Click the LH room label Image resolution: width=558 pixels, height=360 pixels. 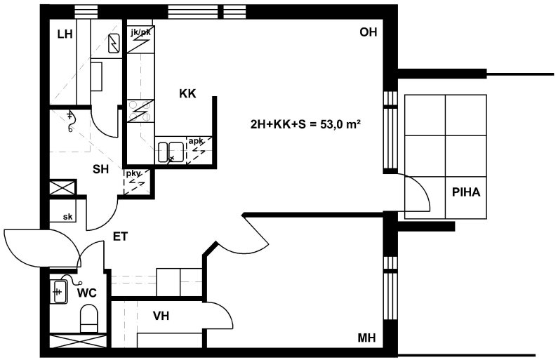(65, 34)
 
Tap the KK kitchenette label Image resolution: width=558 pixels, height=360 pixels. (187, 93)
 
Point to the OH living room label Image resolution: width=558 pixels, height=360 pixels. (368, 32)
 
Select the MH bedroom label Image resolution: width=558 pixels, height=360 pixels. (366, 338)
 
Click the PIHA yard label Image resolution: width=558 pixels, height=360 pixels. (466, 192)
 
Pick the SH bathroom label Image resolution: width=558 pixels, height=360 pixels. (100, 169)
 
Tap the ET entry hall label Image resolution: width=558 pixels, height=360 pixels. (120, 236)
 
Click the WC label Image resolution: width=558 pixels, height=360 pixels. (87, 293)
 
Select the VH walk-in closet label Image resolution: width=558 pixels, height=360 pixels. (161, 316)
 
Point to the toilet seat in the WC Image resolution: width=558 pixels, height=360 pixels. (89, 318)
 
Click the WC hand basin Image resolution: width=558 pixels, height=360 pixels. (59, 292)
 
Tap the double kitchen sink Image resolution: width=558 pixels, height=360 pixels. (171, 153)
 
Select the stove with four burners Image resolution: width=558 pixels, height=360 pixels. (140, 111)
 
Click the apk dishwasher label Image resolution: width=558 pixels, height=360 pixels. (196, 141)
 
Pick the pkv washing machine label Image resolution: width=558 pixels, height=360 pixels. (133, 173)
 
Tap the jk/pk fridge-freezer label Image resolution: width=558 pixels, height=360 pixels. (140, 32)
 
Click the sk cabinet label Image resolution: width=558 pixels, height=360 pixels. (67, 217)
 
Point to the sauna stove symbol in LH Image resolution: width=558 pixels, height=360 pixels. (114, 44)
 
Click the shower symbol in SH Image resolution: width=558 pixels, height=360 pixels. (70, 121)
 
